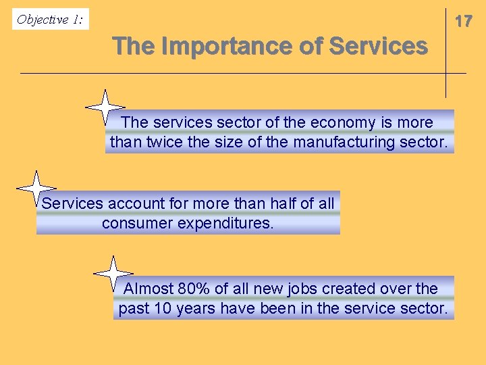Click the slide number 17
463,22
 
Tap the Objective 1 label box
51,20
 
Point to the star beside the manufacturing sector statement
105,107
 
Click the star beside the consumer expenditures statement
36,188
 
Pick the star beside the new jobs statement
113,274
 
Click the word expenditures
225,223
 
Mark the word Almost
148,289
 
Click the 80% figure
194,289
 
